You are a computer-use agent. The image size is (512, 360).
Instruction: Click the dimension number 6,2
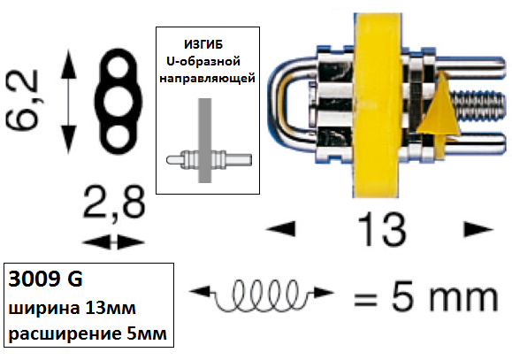click(22, 101)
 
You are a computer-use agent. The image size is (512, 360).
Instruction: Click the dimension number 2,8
click(114, 203)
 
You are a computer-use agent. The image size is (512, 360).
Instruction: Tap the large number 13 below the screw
click(382, 229)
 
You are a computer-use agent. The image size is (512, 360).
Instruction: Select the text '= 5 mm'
click(426, 297)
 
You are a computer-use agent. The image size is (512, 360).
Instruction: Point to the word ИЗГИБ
click(203, 44)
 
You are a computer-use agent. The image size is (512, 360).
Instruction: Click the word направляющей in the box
click(207, 79)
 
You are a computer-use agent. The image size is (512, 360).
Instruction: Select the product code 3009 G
click(45, 280)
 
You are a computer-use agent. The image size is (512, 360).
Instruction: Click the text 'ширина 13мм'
click(72, 309)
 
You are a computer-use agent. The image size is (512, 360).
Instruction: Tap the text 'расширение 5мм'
click(88, 333)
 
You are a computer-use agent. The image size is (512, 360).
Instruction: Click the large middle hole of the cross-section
click(118, 102)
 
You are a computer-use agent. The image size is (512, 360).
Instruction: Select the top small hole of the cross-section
click(118, 67)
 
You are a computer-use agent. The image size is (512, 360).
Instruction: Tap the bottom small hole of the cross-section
click(118, 136)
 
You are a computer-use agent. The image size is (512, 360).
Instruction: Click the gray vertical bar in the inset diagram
click(205, 141)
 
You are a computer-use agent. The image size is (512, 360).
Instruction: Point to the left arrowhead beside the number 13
click(281, 228)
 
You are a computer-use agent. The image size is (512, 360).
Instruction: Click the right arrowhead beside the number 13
click(478, 229)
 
